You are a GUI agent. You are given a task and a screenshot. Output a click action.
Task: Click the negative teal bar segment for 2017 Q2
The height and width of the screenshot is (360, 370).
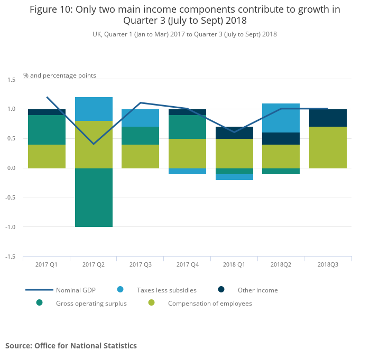point(94,197)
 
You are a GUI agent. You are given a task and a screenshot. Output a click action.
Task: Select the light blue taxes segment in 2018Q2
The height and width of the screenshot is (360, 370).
point(281,118)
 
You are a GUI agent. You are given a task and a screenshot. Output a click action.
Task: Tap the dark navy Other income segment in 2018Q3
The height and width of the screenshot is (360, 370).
point(328,118)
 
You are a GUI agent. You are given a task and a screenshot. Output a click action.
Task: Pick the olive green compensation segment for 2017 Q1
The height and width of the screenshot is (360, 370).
point(47,156)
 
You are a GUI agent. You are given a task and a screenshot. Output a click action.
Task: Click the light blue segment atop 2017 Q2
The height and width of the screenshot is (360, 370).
point(94,109)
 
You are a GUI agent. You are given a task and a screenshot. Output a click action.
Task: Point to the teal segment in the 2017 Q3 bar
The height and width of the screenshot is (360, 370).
point(140,136)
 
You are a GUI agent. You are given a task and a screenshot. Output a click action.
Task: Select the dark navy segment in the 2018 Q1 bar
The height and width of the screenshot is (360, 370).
point(234,132)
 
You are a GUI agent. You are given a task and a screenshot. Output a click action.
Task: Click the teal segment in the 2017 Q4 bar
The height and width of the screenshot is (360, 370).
point(187,127)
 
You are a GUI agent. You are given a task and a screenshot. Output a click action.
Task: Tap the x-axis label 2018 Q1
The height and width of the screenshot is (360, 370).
point(234,264)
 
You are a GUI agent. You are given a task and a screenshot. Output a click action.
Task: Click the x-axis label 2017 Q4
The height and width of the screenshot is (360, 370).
point(187,264)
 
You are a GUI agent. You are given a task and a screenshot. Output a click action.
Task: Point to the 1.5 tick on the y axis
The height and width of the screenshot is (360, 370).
point(12,79)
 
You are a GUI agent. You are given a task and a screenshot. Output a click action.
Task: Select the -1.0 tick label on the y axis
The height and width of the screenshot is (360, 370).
point(11,227)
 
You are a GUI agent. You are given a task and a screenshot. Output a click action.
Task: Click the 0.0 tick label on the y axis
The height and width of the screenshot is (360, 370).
point(12,168)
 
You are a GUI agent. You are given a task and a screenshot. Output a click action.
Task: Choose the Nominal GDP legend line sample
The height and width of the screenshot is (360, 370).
point(39,290)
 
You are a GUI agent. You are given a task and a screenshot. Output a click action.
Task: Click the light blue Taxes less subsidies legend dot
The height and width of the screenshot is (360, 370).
point(121,289)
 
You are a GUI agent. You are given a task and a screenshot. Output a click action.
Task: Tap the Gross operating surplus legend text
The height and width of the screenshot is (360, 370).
point(91,304)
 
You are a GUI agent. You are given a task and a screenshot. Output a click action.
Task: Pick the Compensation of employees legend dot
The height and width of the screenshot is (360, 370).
point(151,303)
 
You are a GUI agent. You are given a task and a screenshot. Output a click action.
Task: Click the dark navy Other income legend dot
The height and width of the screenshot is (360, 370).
point(221,289)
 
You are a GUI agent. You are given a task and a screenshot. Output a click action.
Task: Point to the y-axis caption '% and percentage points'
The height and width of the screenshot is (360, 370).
point(60,75)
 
